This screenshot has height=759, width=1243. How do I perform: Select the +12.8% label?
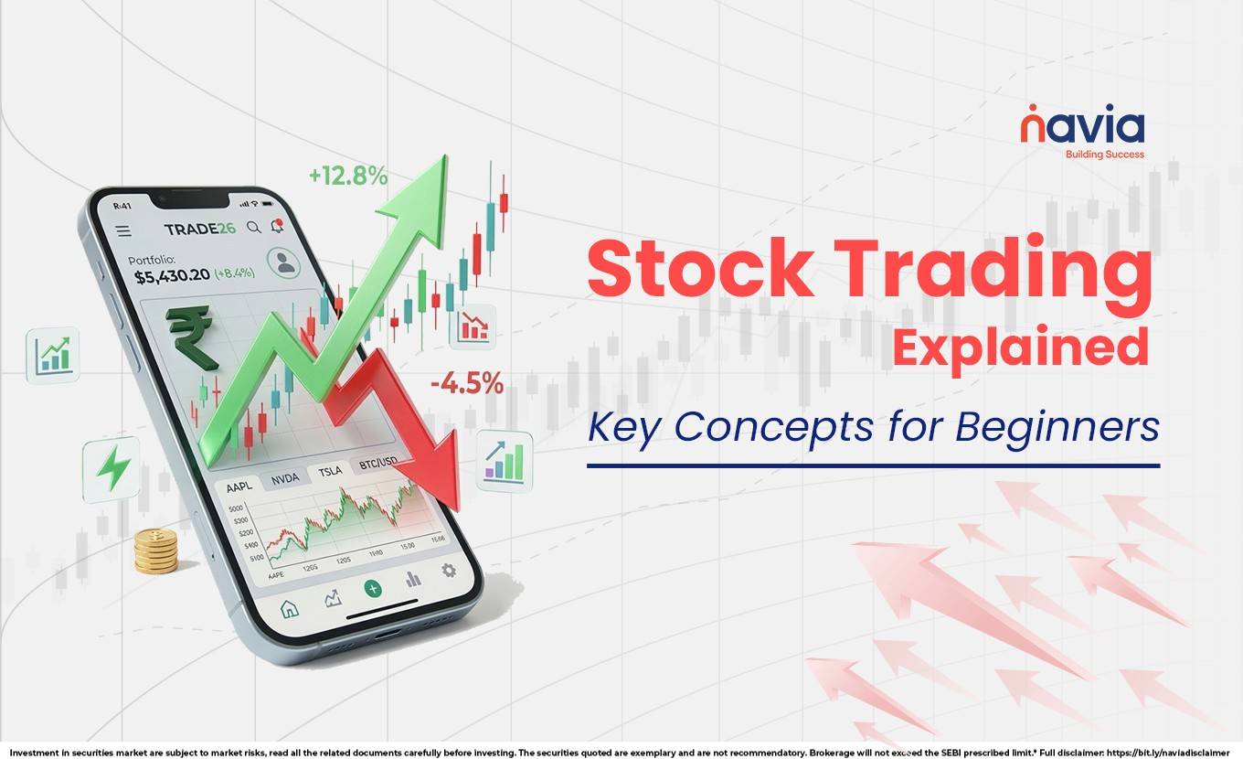[x=347, y=176]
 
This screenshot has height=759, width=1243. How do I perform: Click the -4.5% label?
[x=466, y=384]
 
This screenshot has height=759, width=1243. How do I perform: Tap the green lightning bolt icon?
[x=113, y=469]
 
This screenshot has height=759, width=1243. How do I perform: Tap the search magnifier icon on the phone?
[x=254, y=227]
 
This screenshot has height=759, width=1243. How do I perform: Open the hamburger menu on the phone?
[x=122, y=231]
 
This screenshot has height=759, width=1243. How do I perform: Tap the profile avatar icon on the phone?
[x=285, y=263]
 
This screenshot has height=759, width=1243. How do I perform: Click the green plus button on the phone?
[x=372, y=588]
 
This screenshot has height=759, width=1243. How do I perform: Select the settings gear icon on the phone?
[x=448, y=570]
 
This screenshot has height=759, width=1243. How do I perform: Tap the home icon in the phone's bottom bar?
[x=289, y=608]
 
